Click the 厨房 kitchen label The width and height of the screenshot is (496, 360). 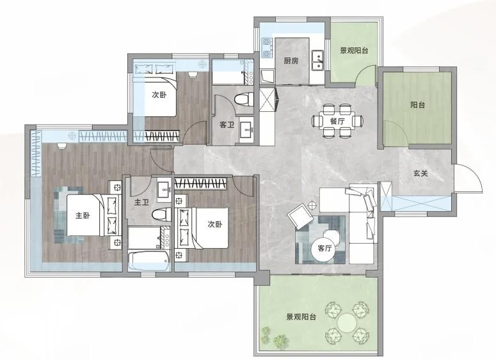(291, 60)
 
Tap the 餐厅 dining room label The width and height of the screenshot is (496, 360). (337, 121)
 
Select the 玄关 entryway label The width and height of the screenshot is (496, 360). (420, 173)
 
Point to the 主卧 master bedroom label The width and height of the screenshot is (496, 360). (83, 215)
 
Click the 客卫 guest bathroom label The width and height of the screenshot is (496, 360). (227, 125)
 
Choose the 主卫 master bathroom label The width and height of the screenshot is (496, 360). (141, 202)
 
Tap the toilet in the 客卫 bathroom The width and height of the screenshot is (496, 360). (244, 99)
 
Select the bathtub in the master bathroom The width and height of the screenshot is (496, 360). (149, 261)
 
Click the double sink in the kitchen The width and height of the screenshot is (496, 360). (317, 60)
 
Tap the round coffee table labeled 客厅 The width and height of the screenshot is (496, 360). (324, 249)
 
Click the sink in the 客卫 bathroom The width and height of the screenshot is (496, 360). (246, 129)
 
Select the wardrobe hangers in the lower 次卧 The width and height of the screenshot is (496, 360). (201, 184)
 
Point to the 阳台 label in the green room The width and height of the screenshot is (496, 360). (417, 105)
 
